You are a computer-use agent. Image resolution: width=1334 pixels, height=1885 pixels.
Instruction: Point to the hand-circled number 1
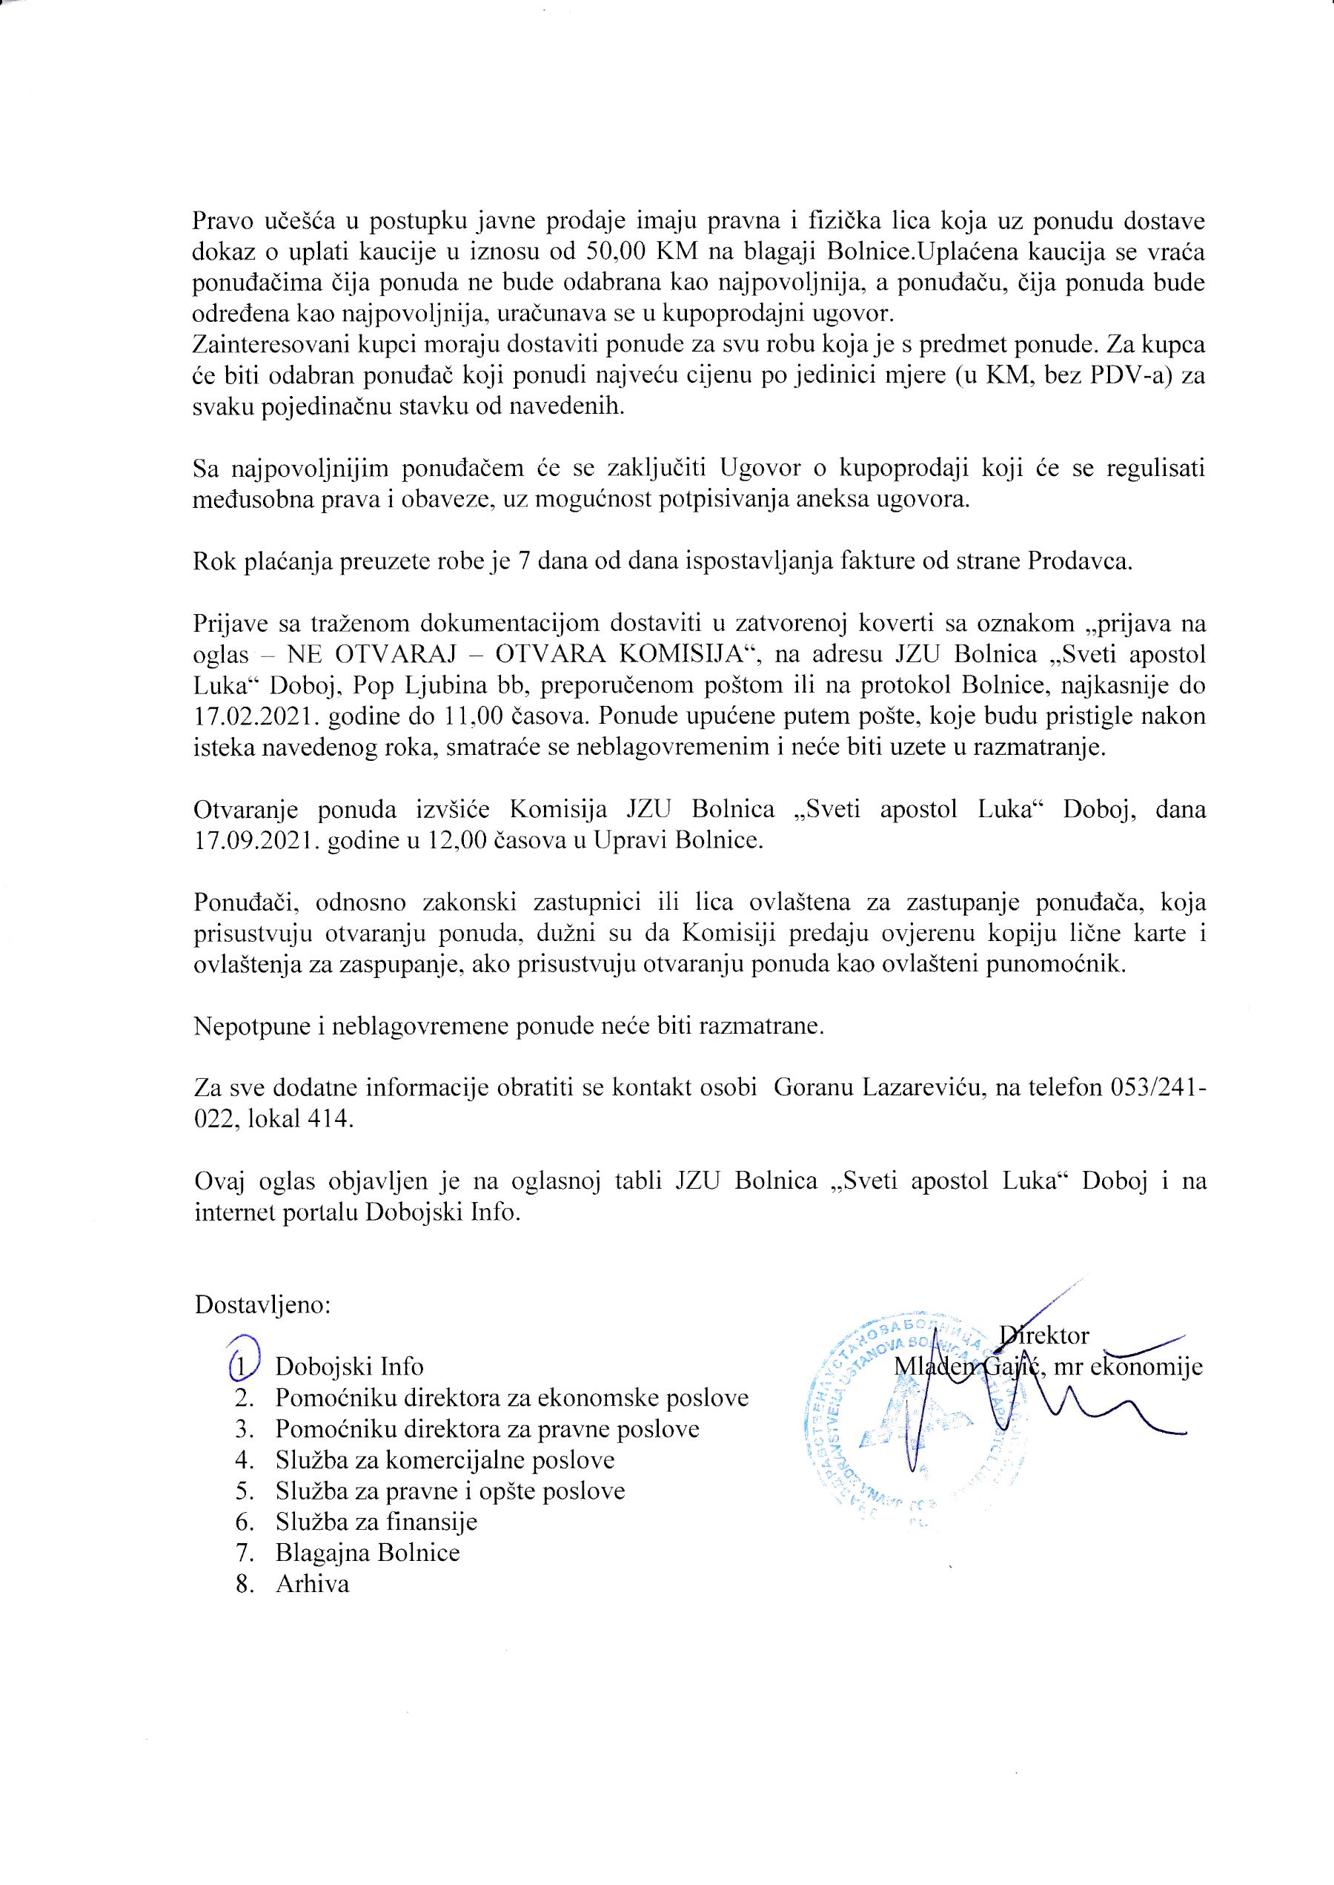[x=242, y=1366]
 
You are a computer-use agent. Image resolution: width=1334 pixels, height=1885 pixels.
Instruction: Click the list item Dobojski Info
[x=349, y=1367]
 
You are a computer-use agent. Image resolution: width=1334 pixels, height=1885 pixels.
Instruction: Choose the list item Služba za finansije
[x=376, y=1522]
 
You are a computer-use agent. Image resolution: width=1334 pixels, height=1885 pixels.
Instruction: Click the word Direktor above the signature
[x=1044, y=1335]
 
